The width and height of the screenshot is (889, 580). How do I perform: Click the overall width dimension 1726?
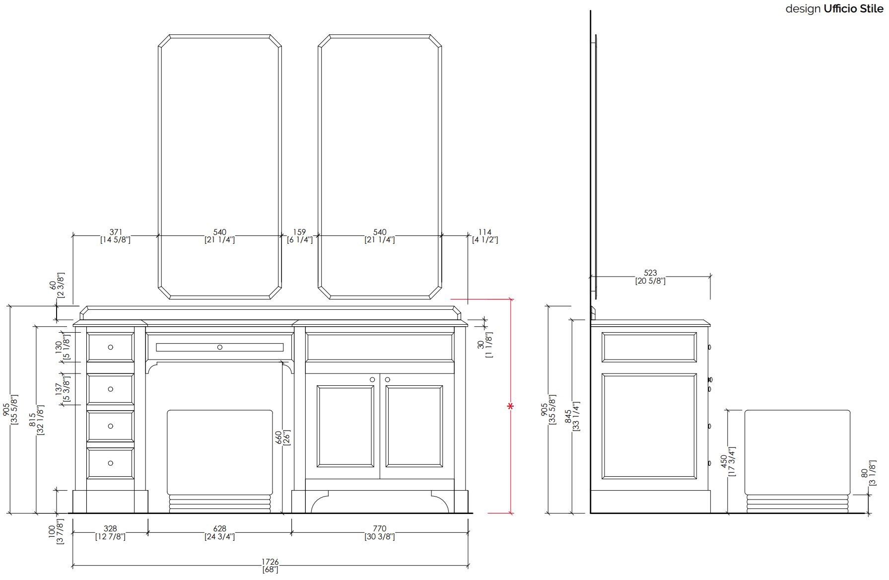click(271, 562)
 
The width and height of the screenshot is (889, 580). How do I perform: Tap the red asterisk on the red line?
click(510, 407)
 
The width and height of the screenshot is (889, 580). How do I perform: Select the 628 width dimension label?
click(220, 529)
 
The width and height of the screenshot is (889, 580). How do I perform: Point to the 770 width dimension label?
click(380, 529)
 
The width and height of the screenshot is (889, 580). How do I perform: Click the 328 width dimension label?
click(110, 529)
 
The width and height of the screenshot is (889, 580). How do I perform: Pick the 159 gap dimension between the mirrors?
click(299, 232)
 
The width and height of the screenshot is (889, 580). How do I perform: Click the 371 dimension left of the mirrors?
click(116, 232)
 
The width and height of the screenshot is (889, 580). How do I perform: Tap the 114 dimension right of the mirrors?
click(485, 232)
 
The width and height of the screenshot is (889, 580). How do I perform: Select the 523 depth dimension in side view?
click(650, 273)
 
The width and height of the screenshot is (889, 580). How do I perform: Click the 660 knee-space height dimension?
click(279, 437)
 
